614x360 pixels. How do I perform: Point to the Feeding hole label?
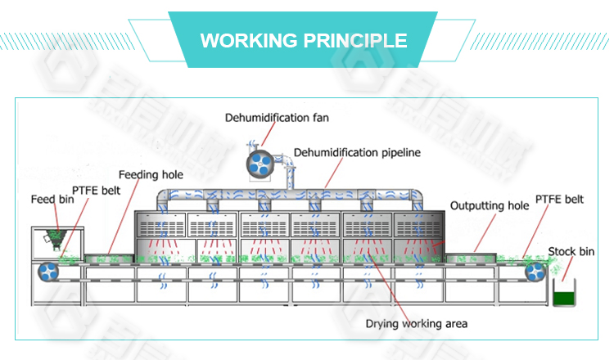(151, 174)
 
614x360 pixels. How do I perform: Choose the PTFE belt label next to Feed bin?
(97, 191)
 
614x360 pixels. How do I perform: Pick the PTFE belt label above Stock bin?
(559, 199)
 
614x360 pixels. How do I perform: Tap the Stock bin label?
(570, 250)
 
